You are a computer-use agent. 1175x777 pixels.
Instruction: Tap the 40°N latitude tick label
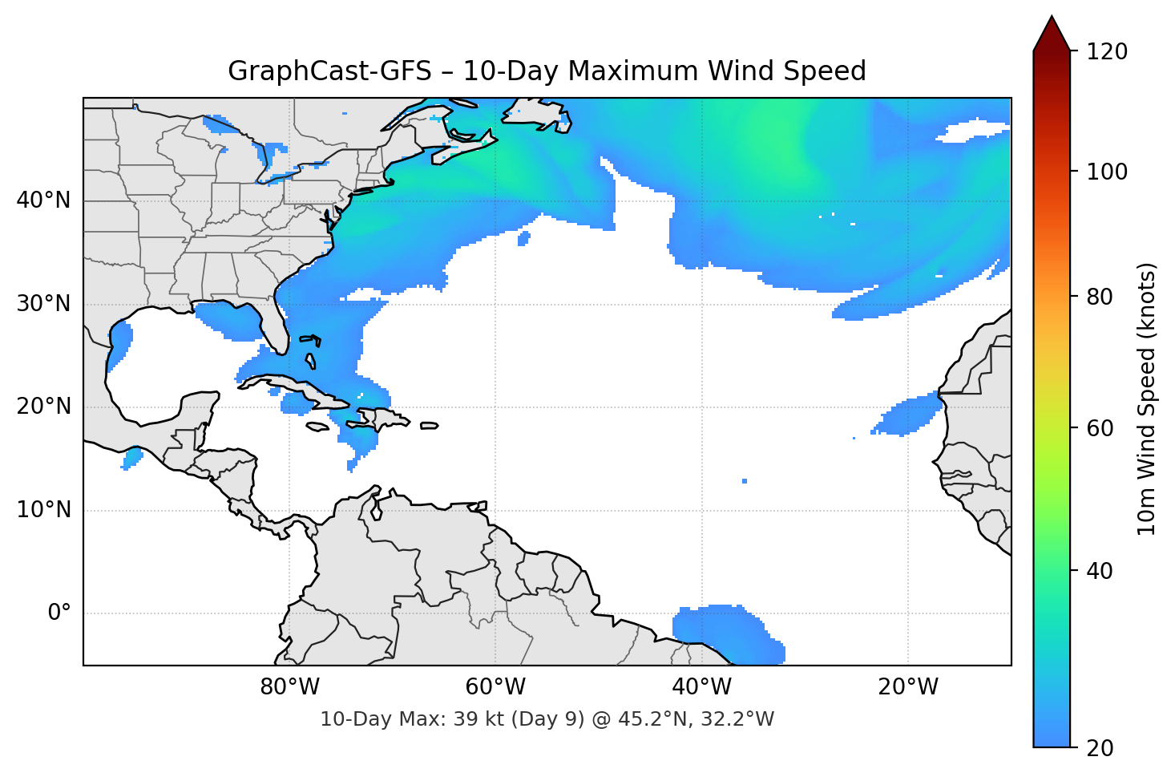coord(43,200)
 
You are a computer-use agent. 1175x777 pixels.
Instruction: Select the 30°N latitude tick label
coord(43,304)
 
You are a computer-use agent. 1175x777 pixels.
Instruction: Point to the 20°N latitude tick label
coord(43,407)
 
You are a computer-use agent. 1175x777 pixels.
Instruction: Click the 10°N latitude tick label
coord(43,510)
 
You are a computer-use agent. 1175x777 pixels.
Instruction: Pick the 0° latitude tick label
coord(59,613)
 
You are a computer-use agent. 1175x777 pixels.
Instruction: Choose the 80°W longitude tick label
coord(289,687)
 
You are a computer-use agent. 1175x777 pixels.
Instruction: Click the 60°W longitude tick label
coord(495,687)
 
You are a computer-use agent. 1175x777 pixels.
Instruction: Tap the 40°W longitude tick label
coord(701,687)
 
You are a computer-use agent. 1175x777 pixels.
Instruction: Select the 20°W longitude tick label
coord(907,687)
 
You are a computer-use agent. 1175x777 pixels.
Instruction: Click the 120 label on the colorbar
coord(1106,52)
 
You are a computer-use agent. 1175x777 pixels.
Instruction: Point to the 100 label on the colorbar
coord(1106,172)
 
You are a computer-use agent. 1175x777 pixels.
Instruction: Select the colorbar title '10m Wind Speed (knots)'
coord(1147,399)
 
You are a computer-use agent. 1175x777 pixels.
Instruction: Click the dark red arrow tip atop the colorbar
coord(1052,32)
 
